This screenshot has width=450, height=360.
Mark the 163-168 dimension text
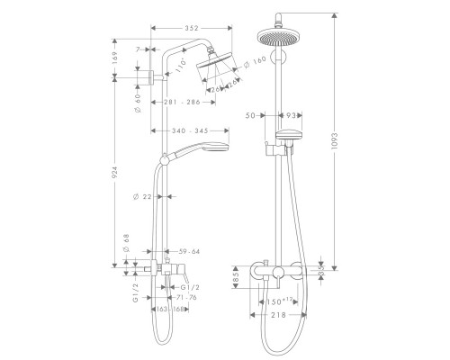170,309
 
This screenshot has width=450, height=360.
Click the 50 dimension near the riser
249,115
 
